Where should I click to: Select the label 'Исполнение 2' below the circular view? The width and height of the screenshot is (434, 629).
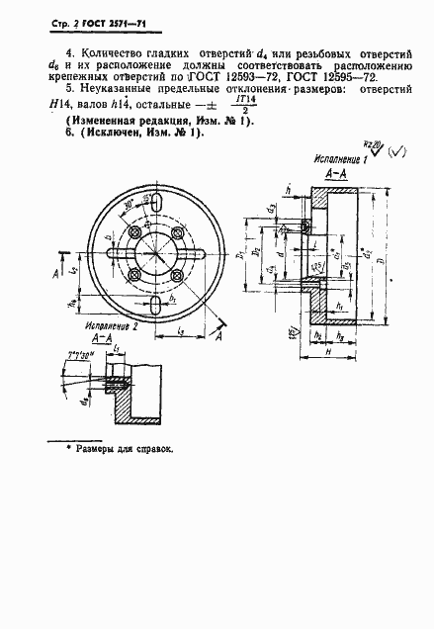pos(112,323)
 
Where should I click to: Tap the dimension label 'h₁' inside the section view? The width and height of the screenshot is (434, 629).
pos(339,305)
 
